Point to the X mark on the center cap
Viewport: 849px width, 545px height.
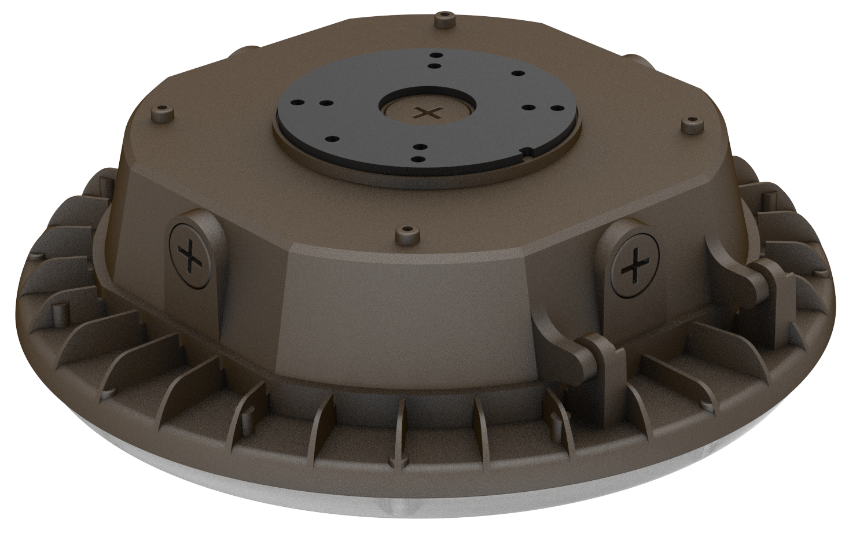428,113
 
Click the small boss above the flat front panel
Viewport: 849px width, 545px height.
405,233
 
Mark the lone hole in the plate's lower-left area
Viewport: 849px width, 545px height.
333,139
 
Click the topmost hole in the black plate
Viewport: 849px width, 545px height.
433,56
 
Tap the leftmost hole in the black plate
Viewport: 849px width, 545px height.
300,102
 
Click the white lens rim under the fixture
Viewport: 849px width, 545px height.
405,503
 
